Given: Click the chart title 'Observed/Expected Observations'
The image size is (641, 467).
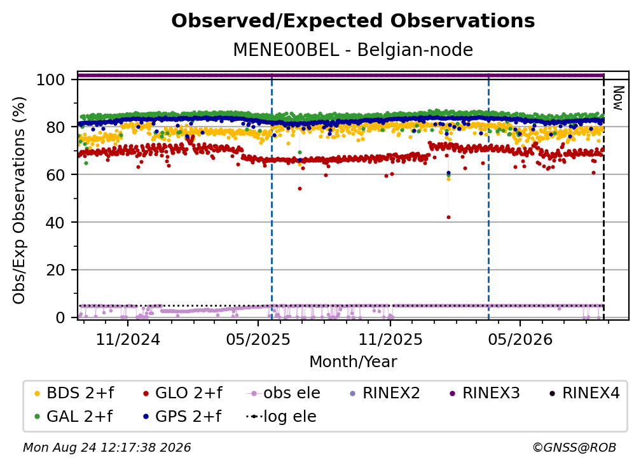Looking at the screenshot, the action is click(353, 21).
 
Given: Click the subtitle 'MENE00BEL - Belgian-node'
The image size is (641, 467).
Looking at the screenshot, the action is click(353, 50).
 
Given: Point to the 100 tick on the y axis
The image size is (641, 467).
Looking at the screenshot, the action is click(51, 80).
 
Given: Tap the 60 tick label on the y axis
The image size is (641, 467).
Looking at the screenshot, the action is click(55, 174).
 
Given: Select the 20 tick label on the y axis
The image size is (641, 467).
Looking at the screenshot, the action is click(55, 270).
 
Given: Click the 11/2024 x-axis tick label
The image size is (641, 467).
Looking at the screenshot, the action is click(128, 339).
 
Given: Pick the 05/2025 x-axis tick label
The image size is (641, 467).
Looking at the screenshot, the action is click(258, 339).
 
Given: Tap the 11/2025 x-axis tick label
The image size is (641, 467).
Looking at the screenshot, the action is click(390, 339).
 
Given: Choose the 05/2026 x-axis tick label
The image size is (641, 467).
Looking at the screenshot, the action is click(520, 339).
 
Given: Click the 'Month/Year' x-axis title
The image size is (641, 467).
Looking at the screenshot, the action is click(353, 361).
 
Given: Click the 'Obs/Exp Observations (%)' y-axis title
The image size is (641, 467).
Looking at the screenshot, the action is click(19, 200).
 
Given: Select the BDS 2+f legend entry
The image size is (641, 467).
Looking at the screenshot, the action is click(74, 393).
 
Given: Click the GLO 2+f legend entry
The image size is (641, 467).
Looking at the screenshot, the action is click(183, 393).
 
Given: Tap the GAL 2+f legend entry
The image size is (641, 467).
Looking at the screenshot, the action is click(74, 416).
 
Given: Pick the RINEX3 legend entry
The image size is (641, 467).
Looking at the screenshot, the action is click(485, 393).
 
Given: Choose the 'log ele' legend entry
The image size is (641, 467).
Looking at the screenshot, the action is click(281, 416).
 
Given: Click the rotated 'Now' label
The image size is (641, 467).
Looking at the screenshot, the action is click(618, 98).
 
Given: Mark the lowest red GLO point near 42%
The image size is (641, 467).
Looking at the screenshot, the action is click(448, 217).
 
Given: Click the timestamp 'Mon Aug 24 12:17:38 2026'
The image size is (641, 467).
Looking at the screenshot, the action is click(107, 447).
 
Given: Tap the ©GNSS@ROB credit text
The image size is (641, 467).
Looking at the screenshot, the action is click(574, 447).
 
